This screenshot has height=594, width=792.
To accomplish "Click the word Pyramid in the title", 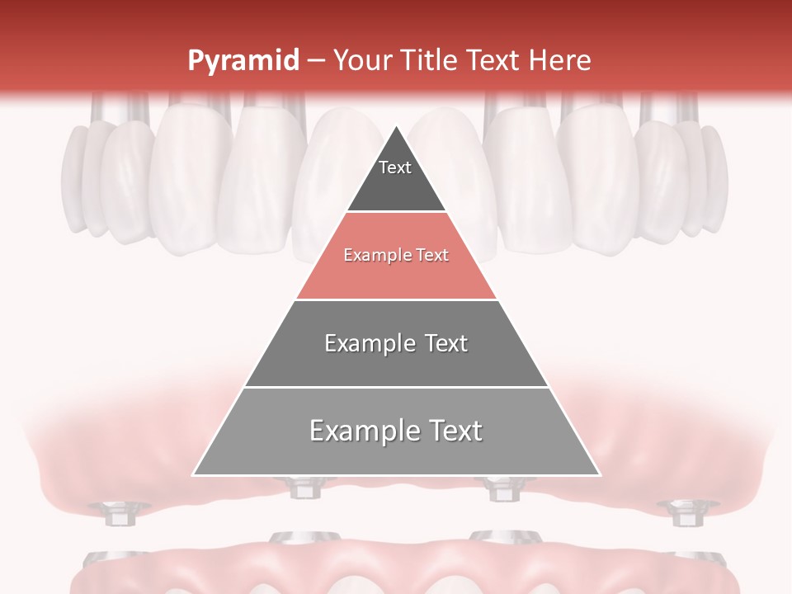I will click(x=243, y=61).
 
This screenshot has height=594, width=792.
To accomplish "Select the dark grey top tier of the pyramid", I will click(x=396, y=186).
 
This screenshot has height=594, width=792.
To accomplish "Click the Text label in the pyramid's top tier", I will click(x=394, y=167).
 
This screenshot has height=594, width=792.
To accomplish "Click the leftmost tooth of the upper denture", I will click(x=74, y=177).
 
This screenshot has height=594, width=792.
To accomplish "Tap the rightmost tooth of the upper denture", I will click(x=716, y=177).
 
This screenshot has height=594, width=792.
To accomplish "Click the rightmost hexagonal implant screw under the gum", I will click(x=682, y=513).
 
